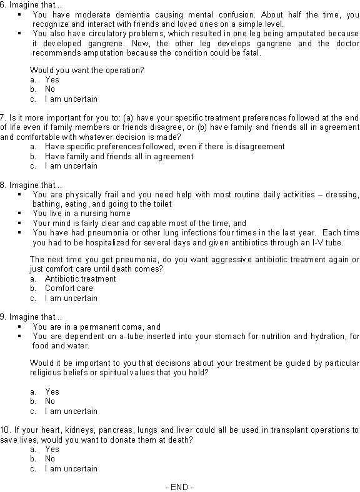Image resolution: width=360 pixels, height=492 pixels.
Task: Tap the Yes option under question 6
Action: tap(52, 80)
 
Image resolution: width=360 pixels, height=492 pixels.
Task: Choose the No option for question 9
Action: tap(50, 401)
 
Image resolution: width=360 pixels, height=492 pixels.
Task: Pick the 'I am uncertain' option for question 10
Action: tap(71, 468)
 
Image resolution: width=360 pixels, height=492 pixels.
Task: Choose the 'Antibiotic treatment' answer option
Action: tap(80, 279)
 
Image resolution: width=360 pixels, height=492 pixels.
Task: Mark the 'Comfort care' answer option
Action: tap(69, 288)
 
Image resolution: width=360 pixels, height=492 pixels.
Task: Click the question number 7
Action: tap(3, 117)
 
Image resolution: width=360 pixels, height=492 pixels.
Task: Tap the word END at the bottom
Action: tap(179, 486)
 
